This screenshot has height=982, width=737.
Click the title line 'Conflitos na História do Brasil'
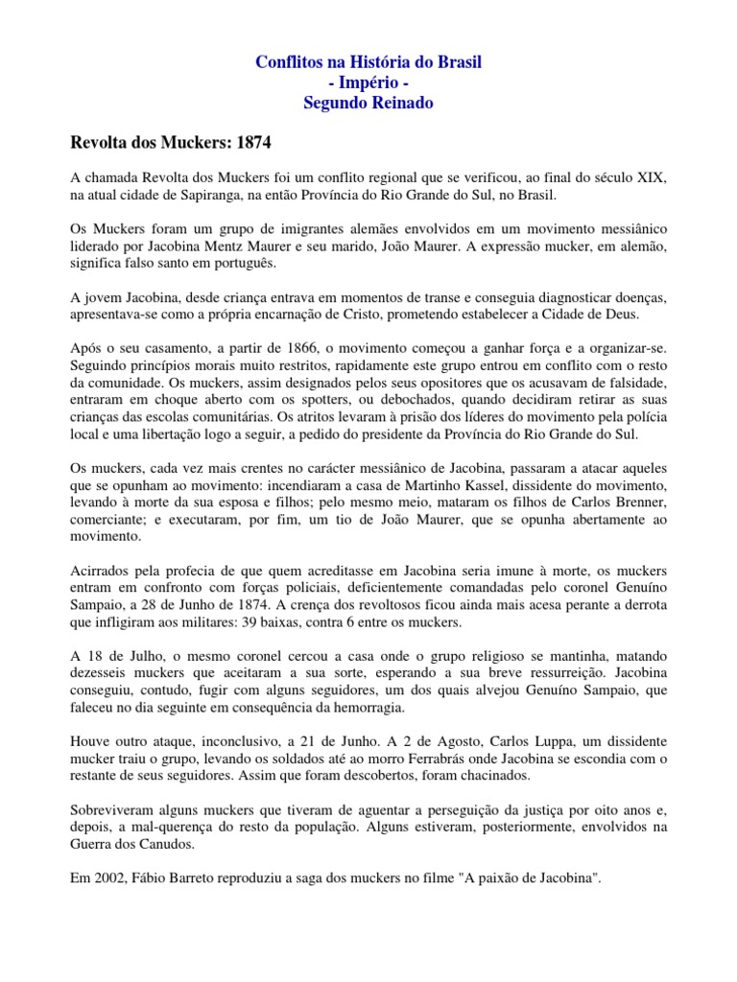click(x=368, y=62)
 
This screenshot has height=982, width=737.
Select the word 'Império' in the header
click(x=368, y=82)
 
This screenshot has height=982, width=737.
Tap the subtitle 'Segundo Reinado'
click(x=368, y=103)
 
